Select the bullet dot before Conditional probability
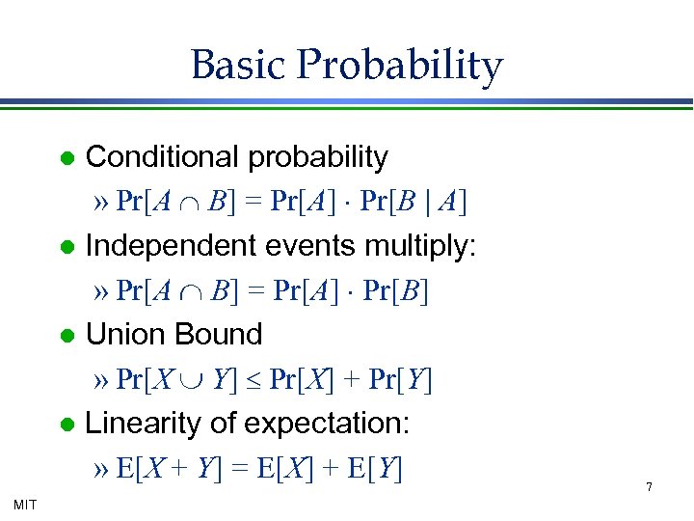click(65, 158)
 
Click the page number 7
click(649, 487)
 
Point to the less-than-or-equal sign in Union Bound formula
click(254, 381)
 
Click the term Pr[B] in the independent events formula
click(395, 291)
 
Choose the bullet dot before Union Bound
click(65, 336)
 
